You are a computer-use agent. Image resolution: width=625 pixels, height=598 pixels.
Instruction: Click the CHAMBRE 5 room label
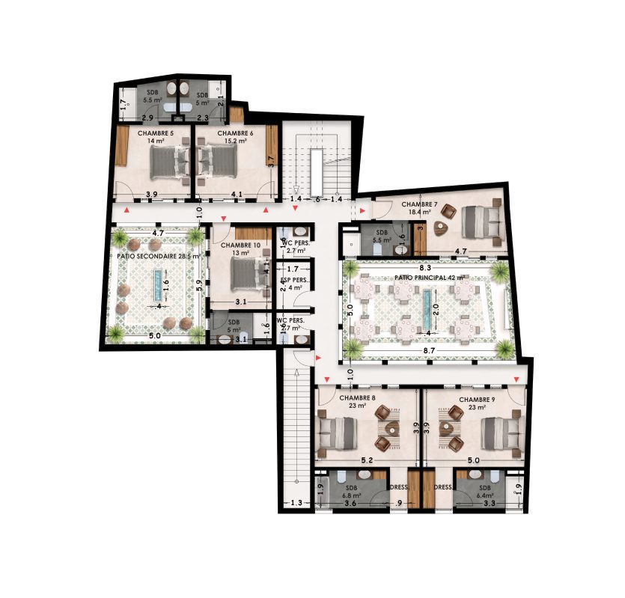coord(156,133)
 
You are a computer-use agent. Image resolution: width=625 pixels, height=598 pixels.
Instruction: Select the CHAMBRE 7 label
coord(419,204)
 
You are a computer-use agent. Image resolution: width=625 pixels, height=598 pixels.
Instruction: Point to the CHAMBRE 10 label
coord(241,245)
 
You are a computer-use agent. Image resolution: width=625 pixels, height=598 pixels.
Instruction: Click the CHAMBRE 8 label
coord(357,399)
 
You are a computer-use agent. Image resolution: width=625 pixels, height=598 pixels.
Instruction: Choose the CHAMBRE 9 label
coord(477,399)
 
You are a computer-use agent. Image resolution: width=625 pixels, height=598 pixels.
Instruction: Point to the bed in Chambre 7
coord(481,219)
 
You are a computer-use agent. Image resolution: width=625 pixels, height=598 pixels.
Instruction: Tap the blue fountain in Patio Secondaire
coord(156,285)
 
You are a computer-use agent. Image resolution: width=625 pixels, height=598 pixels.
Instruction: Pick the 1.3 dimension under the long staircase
coord(296,503)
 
